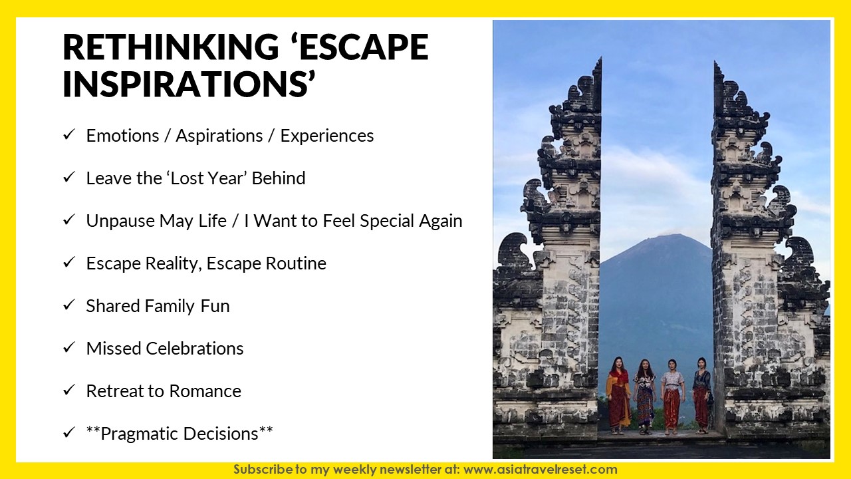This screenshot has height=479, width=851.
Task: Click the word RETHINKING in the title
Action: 171,47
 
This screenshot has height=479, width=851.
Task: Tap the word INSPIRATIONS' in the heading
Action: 189,83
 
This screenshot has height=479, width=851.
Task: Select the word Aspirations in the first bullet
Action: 219,136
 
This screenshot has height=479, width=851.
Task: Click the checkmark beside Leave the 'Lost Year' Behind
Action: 68,177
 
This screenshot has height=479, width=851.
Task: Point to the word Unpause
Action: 120,222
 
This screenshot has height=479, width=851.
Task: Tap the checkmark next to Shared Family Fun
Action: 68,305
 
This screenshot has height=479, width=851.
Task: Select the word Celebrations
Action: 195,349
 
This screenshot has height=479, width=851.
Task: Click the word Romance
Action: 205,391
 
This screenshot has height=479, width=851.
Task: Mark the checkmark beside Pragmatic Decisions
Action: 68,432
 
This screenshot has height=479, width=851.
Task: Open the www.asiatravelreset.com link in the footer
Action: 541,470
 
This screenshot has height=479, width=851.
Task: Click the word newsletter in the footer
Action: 414,470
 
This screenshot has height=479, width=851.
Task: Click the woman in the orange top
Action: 618,395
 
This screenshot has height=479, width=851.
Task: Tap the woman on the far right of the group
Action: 701,395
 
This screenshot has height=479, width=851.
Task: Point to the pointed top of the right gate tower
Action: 715,62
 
